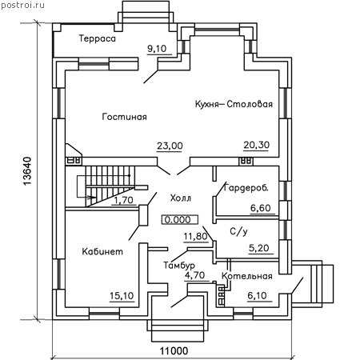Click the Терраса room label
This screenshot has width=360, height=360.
98,38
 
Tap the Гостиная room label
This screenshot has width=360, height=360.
125,117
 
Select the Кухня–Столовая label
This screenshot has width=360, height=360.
234,104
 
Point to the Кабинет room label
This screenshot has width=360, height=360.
102,251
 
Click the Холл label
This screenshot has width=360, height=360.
181,198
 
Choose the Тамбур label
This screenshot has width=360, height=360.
179,266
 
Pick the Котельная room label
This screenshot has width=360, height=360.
247,276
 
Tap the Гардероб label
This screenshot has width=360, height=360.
246,188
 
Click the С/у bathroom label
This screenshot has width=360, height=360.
238,231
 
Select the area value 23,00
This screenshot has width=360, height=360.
170,146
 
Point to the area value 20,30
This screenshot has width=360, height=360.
257,145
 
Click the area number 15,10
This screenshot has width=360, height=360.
122,296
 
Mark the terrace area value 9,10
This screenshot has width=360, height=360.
157,49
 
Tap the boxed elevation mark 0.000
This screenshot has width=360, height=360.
180,220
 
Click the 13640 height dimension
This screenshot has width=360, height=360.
27,171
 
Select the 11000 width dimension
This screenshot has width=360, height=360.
174,350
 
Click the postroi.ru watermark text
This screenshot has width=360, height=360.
23,5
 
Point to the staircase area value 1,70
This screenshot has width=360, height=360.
123,200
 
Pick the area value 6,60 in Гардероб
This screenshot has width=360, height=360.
261,208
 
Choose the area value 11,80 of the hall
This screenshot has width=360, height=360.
196,236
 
